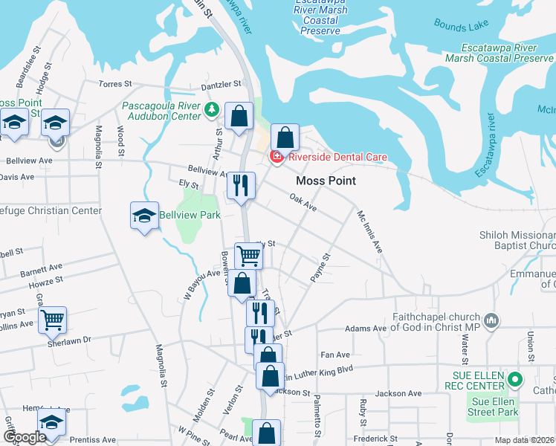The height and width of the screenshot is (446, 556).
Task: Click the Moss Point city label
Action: (326, 181)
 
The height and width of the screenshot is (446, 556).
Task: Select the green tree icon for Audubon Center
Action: (212, 110)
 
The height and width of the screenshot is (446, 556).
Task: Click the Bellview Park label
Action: (201, 215)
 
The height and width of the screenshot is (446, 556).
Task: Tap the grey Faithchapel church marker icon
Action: (490, 321)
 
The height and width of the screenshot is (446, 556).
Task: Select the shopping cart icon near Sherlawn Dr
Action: (52, 320)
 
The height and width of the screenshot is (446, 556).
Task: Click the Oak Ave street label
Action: (303, 203)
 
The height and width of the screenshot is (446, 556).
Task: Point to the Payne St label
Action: (320, 266)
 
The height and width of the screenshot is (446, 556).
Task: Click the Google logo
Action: (24, 437)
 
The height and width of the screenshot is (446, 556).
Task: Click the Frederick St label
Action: (375, 439)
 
